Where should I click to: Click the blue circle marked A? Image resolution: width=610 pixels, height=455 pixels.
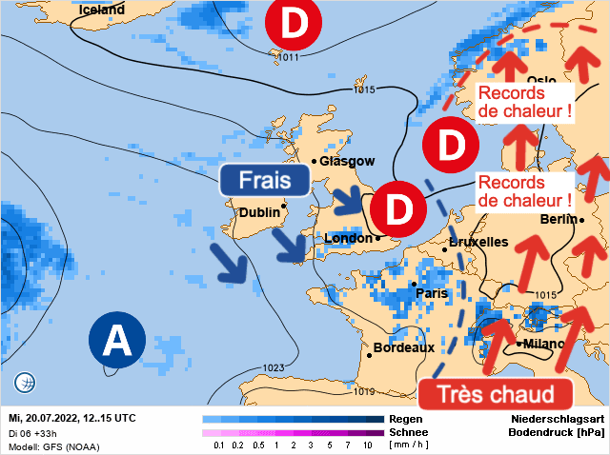click(117, 338)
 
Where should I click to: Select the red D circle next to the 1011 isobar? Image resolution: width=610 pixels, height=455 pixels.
click(294, 26)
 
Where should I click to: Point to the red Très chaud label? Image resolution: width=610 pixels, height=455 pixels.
click(495, 394)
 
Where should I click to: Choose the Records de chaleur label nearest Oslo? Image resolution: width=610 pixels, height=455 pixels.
click(525, 103)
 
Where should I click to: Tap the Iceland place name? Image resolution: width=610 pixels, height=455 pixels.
click(102, 10)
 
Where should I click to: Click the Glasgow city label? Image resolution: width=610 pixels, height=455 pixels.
click(347, 161)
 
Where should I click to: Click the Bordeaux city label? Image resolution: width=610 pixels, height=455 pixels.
click(404, 347)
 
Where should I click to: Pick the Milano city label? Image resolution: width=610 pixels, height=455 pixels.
click(544, 344)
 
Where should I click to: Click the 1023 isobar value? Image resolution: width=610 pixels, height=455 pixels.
click(274, 367)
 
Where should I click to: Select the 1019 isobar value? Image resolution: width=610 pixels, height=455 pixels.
click(363, 390)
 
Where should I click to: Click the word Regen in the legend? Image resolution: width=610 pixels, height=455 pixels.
click(401, 419)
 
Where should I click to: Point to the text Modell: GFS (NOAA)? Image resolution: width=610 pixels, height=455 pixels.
click(53, 445)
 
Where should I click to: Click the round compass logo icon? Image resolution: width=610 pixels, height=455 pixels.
click(26, 384)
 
